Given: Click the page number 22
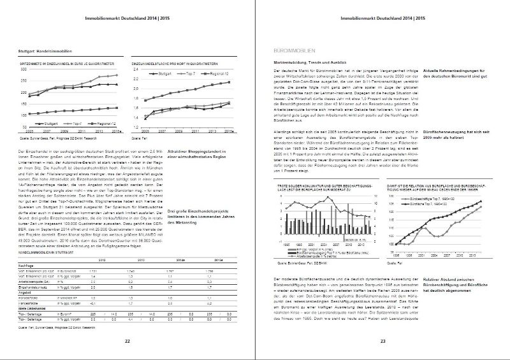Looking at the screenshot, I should pyautogui.click(x=127, y=342).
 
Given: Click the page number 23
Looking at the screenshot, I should pyautogui.click(x=382, y=342).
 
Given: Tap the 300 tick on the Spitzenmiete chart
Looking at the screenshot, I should pyautogui.click(x=25, y=70).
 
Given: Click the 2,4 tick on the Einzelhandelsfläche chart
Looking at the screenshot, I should pyautogui.click(x=136, y=71).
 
